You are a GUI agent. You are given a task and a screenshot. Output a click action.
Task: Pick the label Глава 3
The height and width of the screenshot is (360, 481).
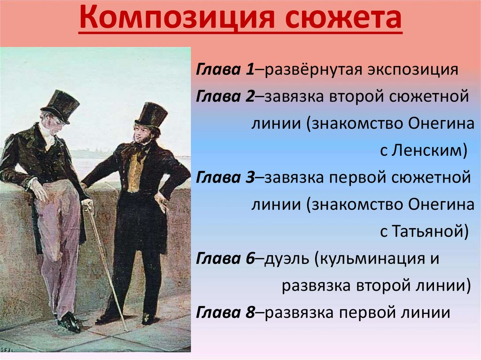tap(225, 178)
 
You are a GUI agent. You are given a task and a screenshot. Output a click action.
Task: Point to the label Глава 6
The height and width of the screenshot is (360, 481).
tap(225, 259)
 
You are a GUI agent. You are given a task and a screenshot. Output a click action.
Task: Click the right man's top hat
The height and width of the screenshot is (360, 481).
tap(151, 115)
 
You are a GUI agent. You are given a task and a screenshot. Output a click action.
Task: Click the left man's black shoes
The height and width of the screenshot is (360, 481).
tap(69, 322)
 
